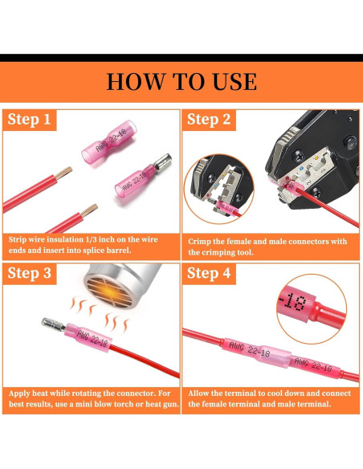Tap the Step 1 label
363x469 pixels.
point(29,119)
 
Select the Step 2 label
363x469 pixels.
point(209,119)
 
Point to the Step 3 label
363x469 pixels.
point(29,273)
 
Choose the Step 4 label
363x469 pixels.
point(209,273)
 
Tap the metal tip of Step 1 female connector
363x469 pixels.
point(163,161)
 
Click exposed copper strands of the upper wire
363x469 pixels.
point(63,173)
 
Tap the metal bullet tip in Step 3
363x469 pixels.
point(53,324)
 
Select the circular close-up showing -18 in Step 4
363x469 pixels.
point(312,308)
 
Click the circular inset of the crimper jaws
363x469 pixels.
point(219,189)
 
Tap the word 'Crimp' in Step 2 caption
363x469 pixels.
point(198,242)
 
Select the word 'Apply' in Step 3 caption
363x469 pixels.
point(19,394)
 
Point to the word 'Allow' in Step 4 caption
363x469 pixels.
point(199,393)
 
